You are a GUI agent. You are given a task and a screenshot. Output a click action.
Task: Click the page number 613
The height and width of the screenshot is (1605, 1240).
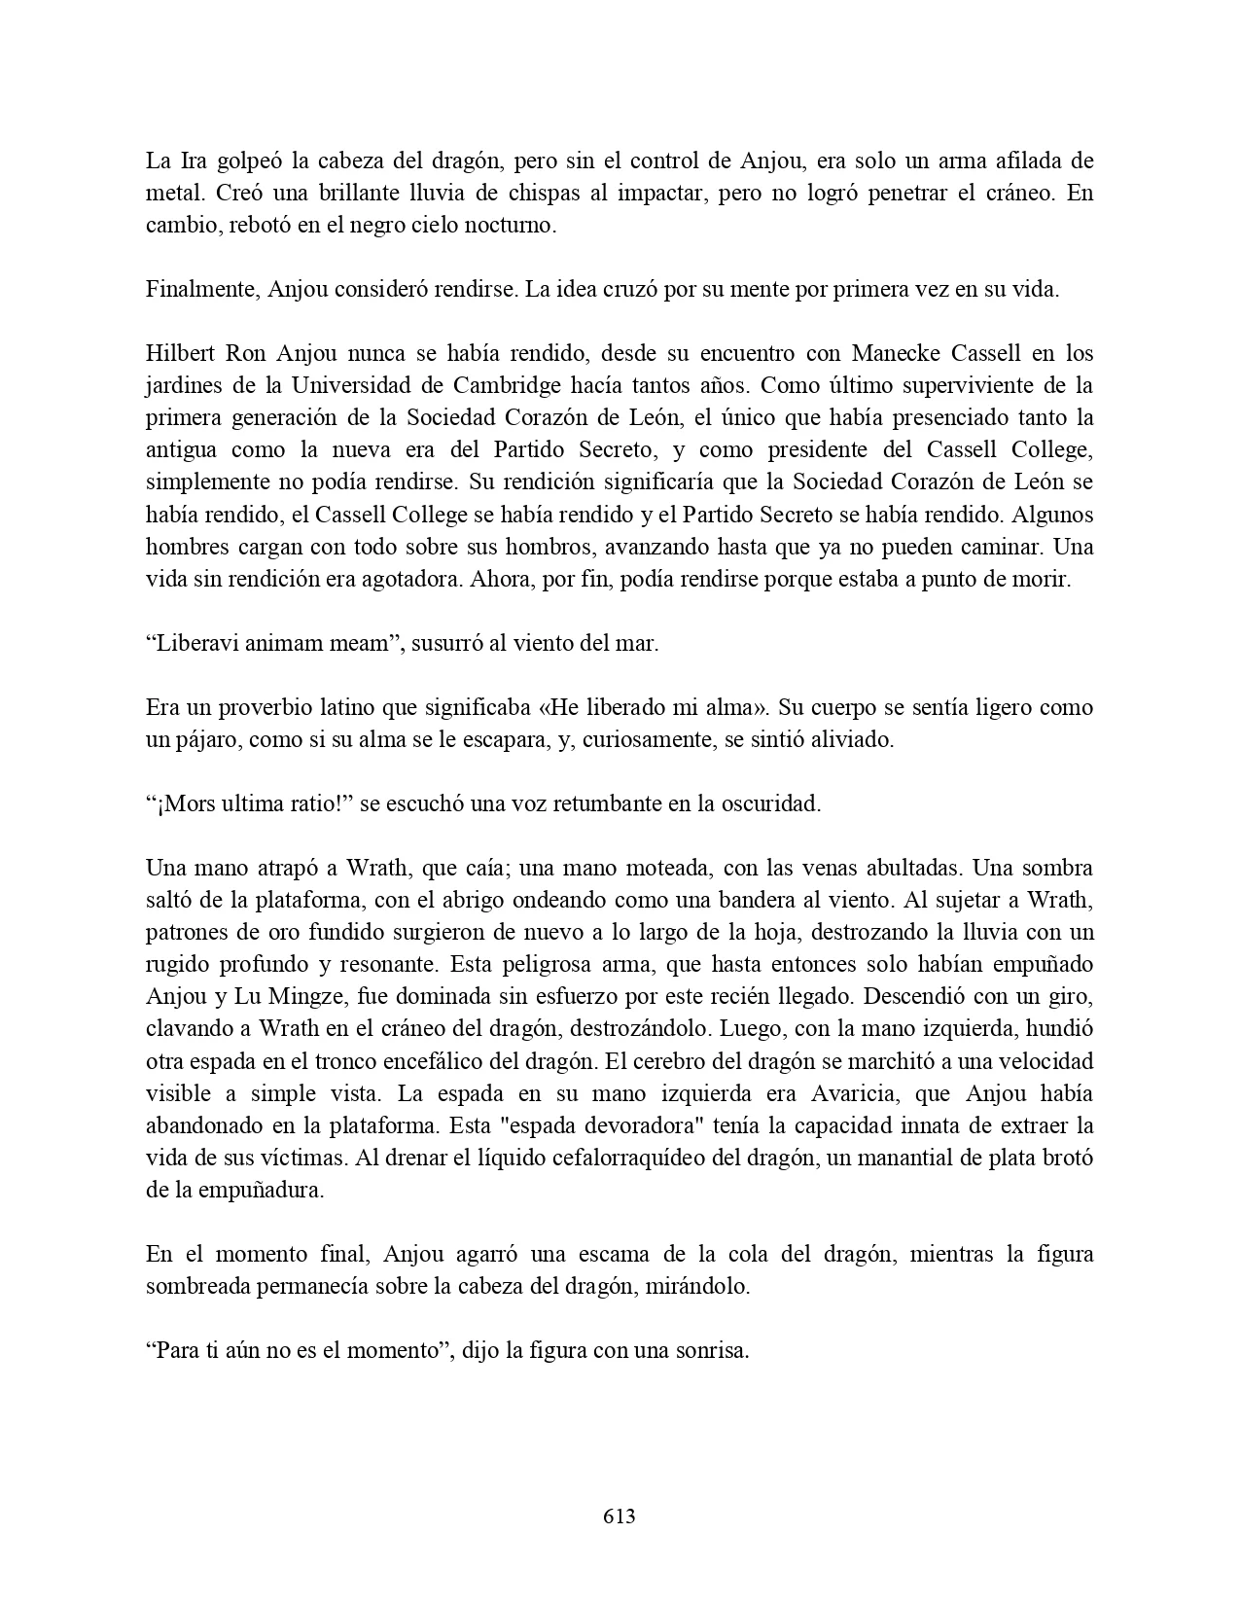click(620, 1516)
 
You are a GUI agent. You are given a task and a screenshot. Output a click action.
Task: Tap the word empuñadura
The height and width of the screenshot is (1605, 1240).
click(267, 1190)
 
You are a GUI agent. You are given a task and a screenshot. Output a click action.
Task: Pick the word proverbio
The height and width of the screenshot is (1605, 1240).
click(246, 708)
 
